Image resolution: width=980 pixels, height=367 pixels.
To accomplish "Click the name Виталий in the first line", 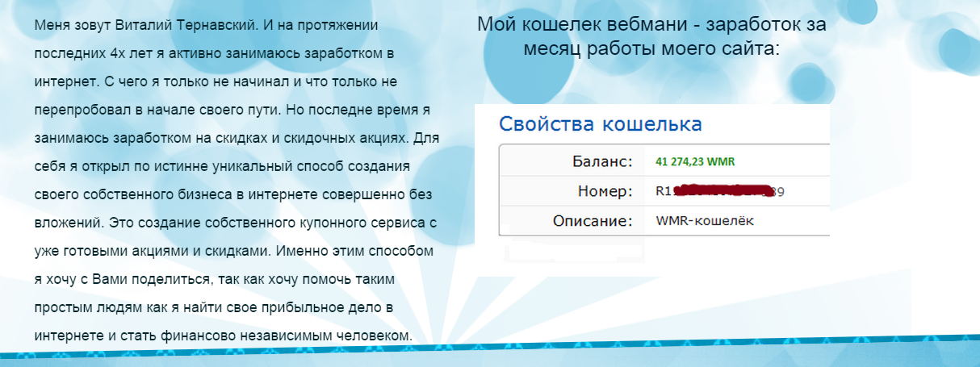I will [x=126, y=25].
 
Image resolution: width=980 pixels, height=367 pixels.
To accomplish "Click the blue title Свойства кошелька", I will [x=600, y=124].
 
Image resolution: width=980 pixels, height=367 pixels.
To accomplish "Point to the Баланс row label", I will [x=599, y=161].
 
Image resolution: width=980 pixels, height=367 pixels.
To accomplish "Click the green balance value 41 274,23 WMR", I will [x=696, y=161].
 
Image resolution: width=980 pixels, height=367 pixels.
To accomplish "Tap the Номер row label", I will [x=605, y=191].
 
